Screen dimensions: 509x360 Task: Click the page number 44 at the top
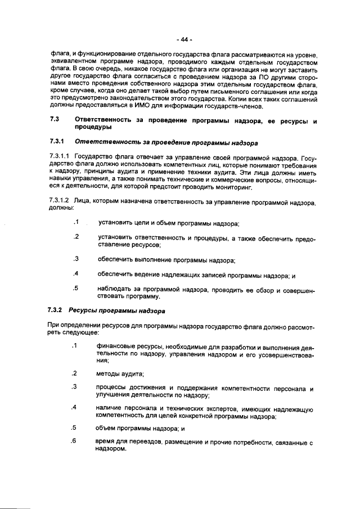tap(183, 39)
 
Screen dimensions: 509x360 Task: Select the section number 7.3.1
tap(57, 142)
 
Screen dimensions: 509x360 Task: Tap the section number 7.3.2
tap(57, 310)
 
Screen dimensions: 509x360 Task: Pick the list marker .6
tap(74, 440)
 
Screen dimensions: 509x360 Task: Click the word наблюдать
tap(114, 289)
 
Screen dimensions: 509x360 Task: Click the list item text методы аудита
tap(120, 373)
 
